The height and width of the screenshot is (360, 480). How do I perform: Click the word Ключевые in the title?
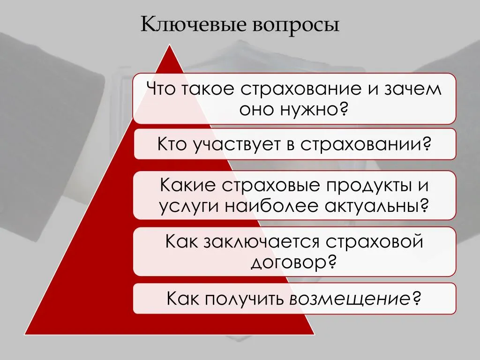click(x=194, y=24)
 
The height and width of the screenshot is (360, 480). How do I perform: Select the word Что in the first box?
click(x=161, y=89)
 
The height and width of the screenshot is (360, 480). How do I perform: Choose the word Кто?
click(x=172, y=143)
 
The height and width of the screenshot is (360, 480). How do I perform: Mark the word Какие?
click(x=187, y=185)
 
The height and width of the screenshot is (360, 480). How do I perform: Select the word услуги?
click(x=189, y=207)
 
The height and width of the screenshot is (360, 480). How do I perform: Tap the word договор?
click(x=288, y=262)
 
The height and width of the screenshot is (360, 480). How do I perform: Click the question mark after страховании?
click(x=426, y=143)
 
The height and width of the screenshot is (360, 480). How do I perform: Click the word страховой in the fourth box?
click(x=375, y=241)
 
